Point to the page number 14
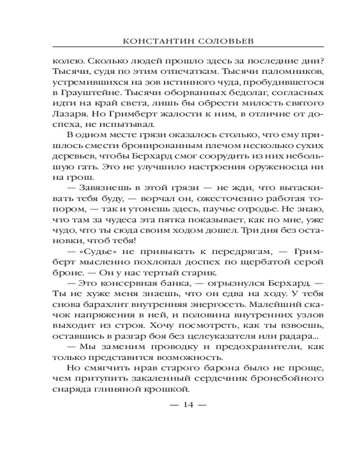188,405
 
